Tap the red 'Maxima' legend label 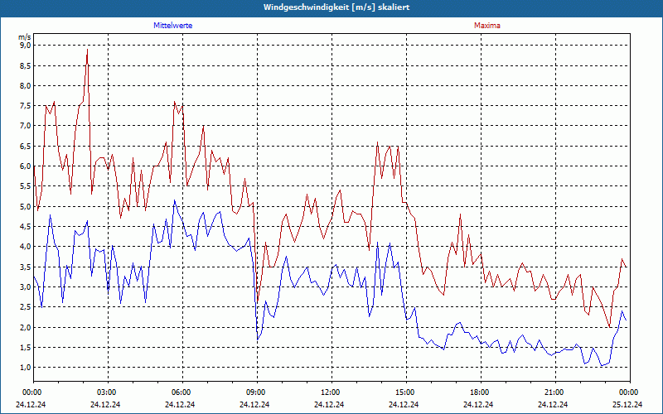(487, 26)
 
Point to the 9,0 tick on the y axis (25, 46)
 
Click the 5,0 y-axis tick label (25, 207)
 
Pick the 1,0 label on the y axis (25, 368)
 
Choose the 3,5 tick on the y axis (25, 267)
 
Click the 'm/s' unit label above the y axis (24, 37)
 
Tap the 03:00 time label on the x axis (107, 392)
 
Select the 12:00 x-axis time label (331, 392)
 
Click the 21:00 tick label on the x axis (554, 392)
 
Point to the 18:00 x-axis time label (480, 392)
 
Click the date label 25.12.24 (629, 405)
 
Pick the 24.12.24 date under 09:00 (256, 405)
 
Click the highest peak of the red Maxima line (87, 50)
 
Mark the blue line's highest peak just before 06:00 (174, 200)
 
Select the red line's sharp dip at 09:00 (257, 302)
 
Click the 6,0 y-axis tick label (25, 166)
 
